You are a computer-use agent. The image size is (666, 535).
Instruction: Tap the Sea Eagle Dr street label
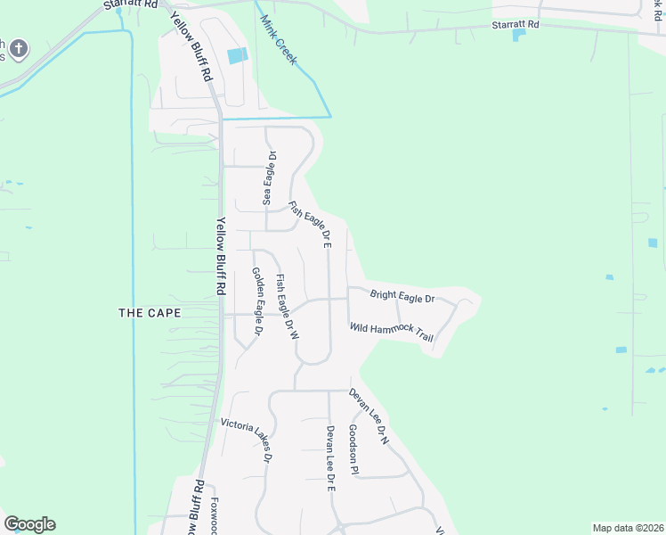coord(269,178)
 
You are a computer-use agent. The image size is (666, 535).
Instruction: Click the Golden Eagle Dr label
coord(256,300)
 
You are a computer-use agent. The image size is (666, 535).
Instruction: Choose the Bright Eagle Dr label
coord(402,297)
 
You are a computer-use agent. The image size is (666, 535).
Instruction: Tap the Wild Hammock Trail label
coord(391,333)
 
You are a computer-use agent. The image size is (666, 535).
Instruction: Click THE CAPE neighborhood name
coord(150,313)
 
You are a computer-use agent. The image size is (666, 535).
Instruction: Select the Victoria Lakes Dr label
coord(246,440)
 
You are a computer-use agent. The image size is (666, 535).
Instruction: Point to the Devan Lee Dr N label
coord(369,416)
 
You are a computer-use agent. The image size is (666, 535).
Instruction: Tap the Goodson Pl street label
coord(353,449)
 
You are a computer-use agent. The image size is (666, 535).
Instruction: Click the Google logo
coord(29,524)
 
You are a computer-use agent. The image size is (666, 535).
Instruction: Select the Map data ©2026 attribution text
coord(627,528)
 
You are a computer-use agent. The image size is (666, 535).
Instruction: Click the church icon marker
coord(20,48)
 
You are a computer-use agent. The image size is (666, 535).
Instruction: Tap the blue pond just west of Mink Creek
coord(237,55)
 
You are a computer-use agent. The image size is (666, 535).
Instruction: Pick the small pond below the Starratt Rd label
coord(519,36)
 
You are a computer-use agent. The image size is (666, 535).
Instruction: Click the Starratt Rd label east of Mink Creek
coord(516,25)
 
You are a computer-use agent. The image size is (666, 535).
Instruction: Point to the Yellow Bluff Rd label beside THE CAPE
coord(219,258)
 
